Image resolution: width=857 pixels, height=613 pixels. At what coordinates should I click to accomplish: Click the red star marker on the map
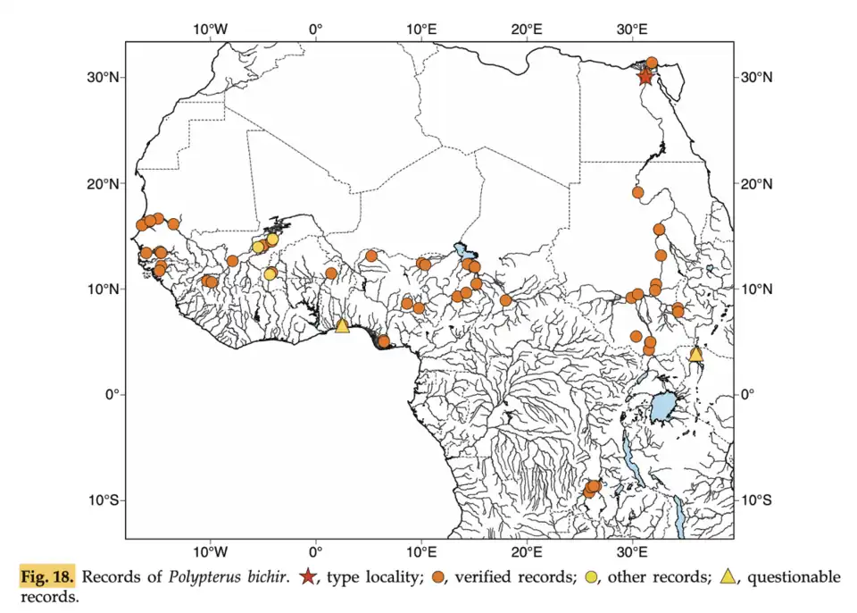tap(645, 77)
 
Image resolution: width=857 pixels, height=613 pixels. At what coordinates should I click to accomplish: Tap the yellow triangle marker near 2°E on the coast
tap(342, 326)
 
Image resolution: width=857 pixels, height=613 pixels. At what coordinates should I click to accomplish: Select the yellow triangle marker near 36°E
tap(695, 355)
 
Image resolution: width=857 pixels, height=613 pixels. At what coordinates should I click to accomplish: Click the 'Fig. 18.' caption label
tap(47, 577)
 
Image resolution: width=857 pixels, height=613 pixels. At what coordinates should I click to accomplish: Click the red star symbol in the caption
tap(308, 577)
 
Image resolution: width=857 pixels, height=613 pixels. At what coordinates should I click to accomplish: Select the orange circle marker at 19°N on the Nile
tap(638, 192)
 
